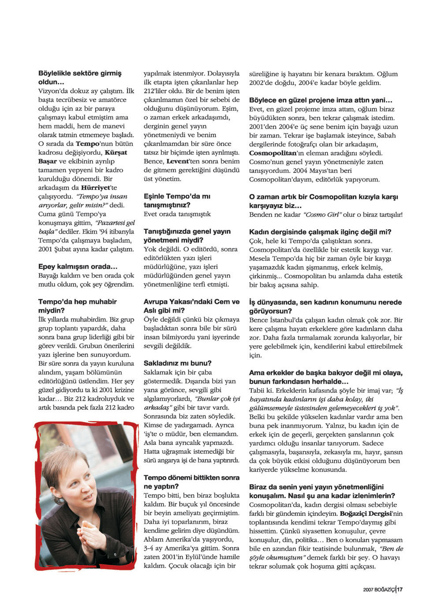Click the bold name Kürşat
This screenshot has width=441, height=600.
[116, 153]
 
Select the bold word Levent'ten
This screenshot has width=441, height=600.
[177, 161]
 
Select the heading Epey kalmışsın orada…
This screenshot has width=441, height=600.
[78, 267]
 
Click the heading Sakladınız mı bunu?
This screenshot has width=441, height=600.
[178, 363]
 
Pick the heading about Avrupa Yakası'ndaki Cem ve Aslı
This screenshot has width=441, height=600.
[191, 306]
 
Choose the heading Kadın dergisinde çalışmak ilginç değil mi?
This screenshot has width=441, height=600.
[320, 232]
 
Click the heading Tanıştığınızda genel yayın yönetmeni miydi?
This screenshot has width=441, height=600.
[187, 236]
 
